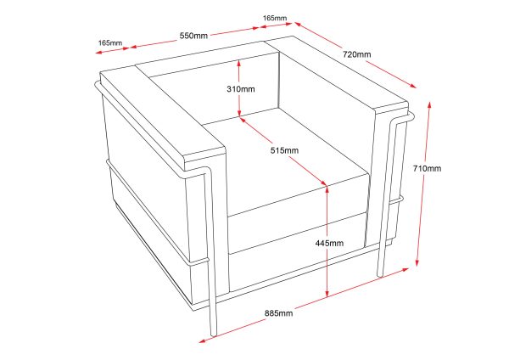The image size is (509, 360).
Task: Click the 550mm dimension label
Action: click(x=193, y=36)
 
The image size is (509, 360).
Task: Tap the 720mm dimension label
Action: click(x=357, y=54)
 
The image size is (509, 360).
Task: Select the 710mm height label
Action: click(x=428, y=168)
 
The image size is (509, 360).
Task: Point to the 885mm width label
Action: click(x=278, y=313)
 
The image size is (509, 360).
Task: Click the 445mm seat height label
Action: click(x=329, y=243)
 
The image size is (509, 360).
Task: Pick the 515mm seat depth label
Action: click(x=284, y=150)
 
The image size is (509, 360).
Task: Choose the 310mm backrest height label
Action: click(x=241, y=88)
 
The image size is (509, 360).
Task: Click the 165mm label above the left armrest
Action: click(x=110, y=43)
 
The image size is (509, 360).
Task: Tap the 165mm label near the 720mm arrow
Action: click(x=275, y=18)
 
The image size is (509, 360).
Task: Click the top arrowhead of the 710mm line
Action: click(x=429, y=104)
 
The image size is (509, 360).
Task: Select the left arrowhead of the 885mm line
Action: click(x=203, y=340)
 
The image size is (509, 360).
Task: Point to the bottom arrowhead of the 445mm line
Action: click(x=327, y=295)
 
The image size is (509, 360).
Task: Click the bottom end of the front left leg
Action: click(x=214, y=335)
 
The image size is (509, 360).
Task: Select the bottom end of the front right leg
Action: click(x=380, y=276)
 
